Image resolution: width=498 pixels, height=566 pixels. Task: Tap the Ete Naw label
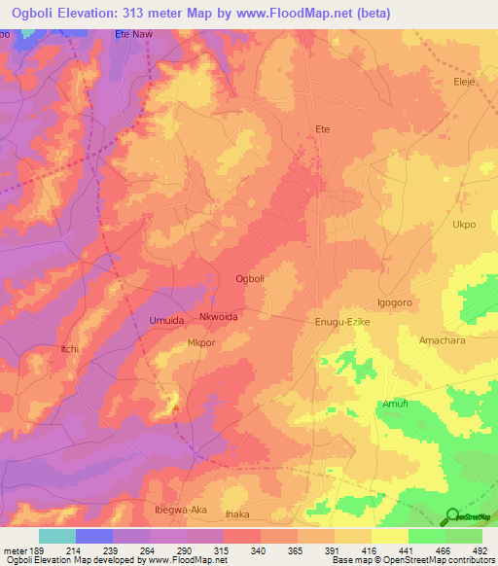pyautogui.click(x=134, y=34)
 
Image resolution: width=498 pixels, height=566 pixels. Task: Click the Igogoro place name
pyautogui.click(x=395, y=302)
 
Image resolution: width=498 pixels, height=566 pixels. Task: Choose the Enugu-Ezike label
pyautogui.click(x=341, y=322)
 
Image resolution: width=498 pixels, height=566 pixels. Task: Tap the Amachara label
pyautogui.click(x=444, y=340)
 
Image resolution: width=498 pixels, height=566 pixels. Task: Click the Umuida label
pyautogui.click(x=166, y=320)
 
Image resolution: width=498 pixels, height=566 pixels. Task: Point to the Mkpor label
pyautogui.click(x=201, y=343)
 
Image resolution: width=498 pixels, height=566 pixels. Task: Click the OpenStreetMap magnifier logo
pyautogui.click(x=452, y=516)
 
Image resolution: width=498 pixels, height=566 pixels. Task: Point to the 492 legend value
pyautogui.click(x=480, y=552)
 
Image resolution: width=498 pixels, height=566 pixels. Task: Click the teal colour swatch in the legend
pyautogui.click(x=56, y=536)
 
